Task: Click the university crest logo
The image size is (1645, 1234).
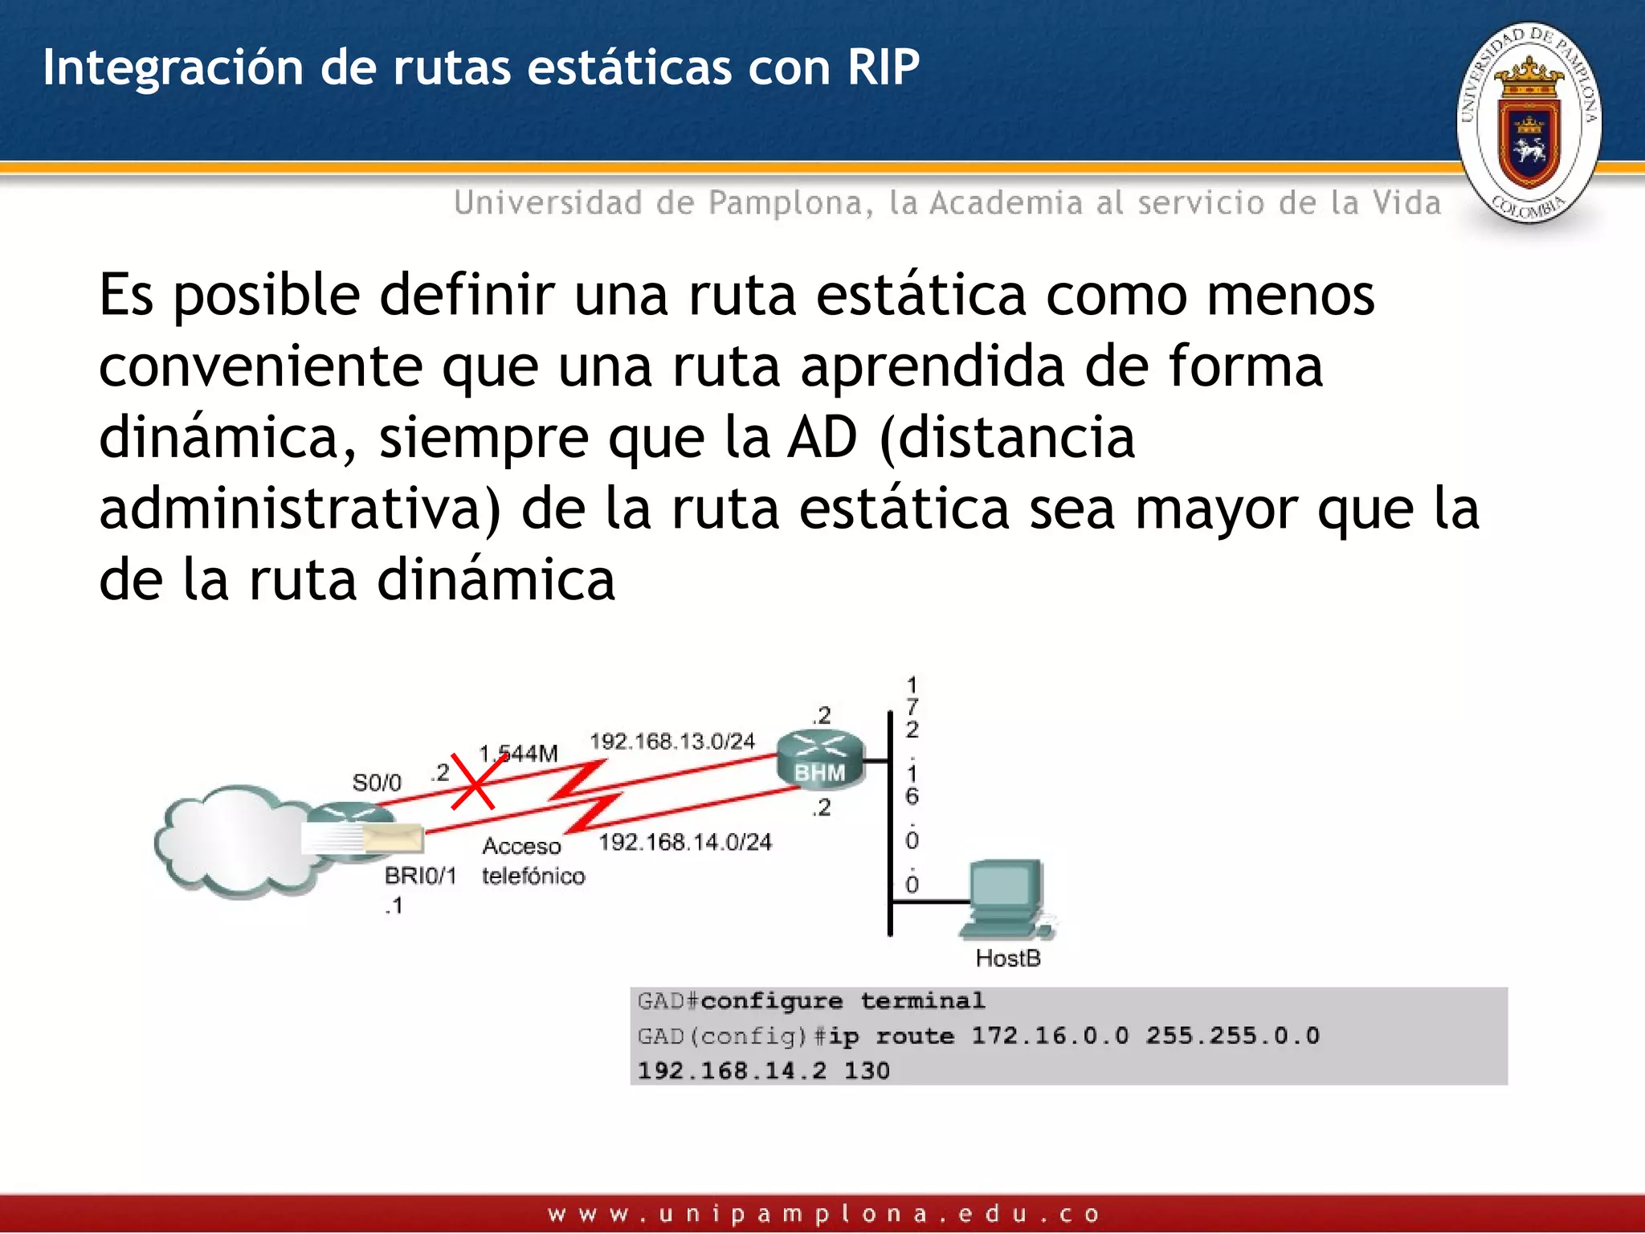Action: pyautogui.click(x=1529, y=123)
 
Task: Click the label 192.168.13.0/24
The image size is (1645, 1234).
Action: pyautogui.click(x=672, y=741)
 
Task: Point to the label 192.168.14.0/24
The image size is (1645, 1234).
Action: pyautogui.click(x=684, y=842)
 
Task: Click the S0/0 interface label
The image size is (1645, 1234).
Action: pyautogui.click(x=376, y=782)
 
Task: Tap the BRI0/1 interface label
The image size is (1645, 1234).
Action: pyautogui.click(x=420, y=876)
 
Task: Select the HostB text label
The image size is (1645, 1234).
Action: pyautogui.click(x=1007, y=958)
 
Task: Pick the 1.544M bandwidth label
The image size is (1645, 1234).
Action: pyautogui.click(x=518, y=754)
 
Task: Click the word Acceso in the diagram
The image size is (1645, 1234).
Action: pyautogui.click(x=521, y=846)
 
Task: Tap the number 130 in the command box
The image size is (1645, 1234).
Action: pyautogui.click(x=866, y=1071)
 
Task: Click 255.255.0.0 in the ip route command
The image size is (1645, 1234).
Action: pyautogui.click(x=1232, y=1036)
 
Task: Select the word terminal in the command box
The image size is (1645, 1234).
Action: pyautogui.click(x=922, y=1001)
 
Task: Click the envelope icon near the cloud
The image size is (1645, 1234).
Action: pyautogui.click(x=393, y=838)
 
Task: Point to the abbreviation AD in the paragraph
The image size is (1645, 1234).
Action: pyautogui.click(x=822, y=438)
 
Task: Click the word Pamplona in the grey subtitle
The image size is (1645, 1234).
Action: pyautogui.click(x=785, y=203)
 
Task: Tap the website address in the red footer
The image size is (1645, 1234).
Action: pyautogui.click(x=822, y=1214)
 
